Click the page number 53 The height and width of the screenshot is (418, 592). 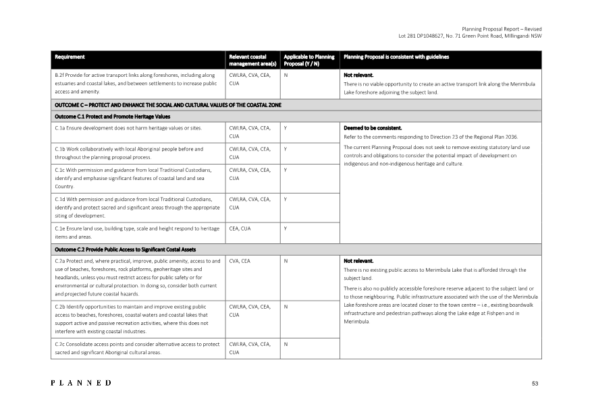point(535,384)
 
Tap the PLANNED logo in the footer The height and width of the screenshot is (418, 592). point(82,383)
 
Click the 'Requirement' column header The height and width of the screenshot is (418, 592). point(70,57)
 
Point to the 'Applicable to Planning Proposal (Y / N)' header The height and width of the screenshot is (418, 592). point(308,60)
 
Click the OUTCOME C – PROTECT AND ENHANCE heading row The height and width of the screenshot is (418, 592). point(167,104)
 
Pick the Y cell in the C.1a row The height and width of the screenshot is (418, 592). point(286,127)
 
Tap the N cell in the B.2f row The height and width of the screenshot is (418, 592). point(286,76)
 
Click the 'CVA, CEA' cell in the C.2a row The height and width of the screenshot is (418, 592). point(240,260)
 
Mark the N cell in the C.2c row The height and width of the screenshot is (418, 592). point(286,344)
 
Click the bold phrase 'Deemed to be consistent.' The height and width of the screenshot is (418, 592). point(373,127)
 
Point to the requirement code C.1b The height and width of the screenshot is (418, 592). point(62,148)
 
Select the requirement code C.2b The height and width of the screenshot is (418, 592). point(62,307)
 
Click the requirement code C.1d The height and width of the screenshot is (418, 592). point(62,199)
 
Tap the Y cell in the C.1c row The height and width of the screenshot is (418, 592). point(286,169)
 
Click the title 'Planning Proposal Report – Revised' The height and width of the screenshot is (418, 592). point(502,29)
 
